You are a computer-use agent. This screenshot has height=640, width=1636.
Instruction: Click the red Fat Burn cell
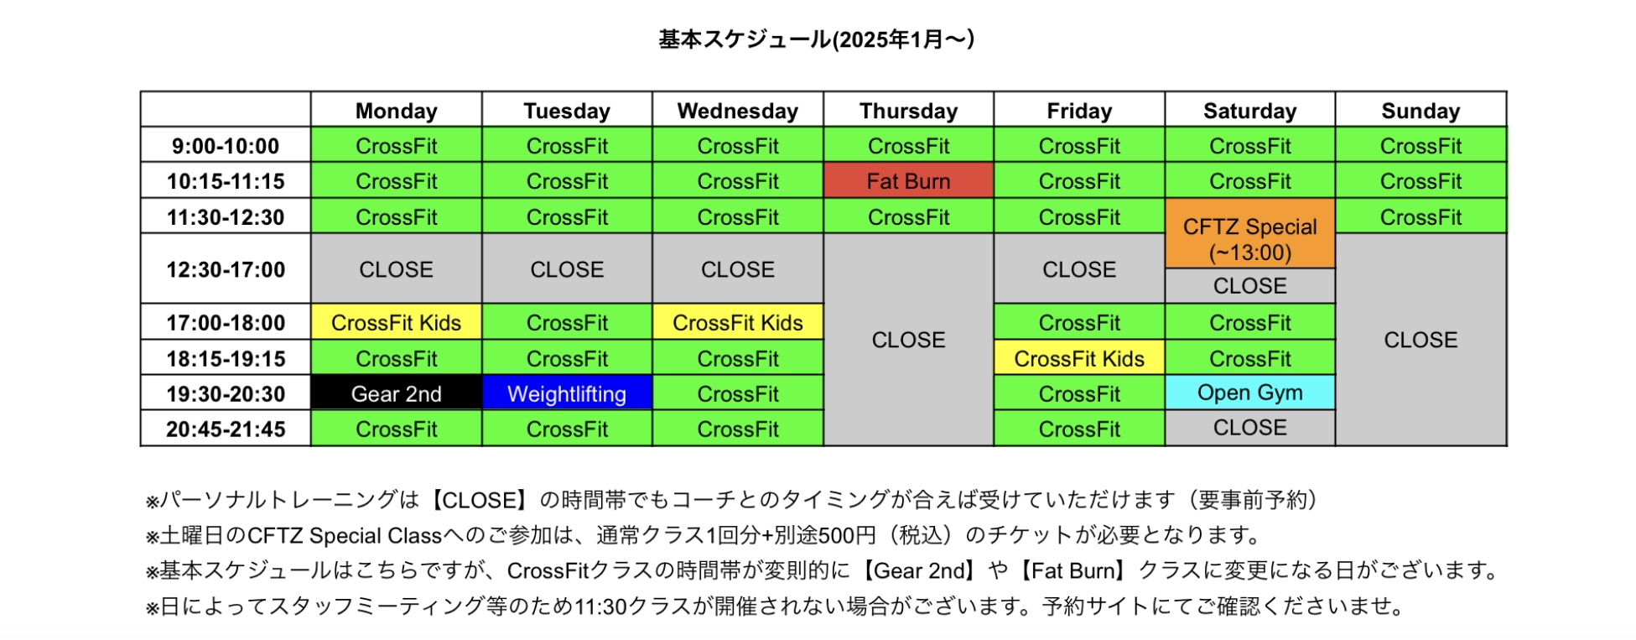908,180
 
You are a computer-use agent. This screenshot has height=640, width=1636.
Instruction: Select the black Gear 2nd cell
396,393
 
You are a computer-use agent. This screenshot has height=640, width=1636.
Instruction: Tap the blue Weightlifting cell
567,393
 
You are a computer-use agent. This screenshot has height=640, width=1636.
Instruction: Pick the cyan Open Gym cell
1249,393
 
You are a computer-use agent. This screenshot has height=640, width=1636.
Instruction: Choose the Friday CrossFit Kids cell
1079,358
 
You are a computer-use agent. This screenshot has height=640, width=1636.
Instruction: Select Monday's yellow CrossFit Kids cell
396,322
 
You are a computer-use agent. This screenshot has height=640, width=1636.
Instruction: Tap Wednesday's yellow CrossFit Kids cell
738,322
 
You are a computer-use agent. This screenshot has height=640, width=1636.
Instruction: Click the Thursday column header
908,110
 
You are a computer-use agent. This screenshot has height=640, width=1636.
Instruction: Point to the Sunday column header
1420,110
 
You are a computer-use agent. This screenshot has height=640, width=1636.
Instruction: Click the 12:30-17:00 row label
226,269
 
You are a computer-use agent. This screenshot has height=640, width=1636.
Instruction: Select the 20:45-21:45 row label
226,429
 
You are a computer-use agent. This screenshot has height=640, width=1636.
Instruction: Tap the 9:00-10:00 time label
226,145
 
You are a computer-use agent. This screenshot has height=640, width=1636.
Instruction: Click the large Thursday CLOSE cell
908,340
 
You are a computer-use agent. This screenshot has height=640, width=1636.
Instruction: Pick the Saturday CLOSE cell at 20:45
1249,428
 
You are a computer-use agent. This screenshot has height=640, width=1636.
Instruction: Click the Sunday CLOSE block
1420,340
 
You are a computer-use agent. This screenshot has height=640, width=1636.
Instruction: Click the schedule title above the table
816,39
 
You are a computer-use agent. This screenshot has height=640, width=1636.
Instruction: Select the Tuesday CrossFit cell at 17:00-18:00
567,322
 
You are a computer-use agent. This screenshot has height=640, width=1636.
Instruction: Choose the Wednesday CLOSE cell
738,269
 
